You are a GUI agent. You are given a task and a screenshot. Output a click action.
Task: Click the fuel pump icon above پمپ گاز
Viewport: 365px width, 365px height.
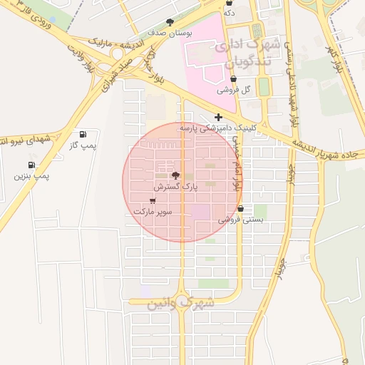click(x=83, y=134)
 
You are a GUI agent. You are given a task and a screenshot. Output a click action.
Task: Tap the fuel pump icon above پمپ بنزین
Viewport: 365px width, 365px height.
click(x=31, y=165)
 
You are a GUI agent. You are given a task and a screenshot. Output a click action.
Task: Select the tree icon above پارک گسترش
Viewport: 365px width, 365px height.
click(x=175, y=175)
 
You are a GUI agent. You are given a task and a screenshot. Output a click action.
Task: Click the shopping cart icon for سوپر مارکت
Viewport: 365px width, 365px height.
click(x=153, y=200)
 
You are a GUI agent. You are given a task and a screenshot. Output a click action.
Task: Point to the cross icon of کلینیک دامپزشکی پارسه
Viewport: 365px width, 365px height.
click(x=218, y=116)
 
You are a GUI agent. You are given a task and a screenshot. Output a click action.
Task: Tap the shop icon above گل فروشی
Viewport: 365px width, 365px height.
click(x=234, y=80)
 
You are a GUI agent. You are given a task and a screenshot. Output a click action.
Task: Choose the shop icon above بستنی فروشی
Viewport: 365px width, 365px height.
click(x=240, y=209)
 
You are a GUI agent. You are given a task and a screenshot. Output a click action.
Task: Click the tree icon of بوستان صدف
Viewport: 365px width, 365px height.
click(x=170, y=22)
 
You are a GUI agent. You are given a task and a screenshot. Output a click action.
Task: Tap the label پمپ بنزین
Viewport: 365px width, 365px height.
click(x=31, y=175)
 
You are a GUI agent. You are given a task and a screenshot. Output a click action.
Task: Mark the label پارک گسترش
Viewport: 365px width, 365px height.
click(x=178, y=186)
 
